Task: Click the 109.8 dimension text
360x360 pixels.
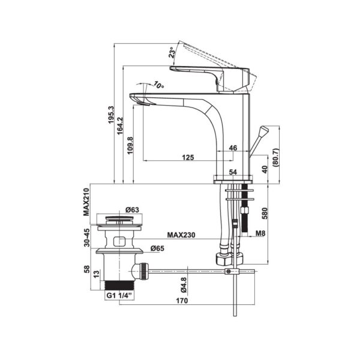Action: [130, 145]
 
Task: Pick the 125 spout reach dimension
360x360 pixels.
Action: [188, 157]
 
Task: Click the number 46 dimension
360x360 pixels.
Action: [233, 147]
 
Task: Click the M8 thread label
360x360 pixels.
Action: [260, 234]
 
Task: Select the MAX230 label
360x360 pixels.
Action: [182, 235]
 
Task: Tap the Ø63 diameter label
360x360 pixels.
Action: [132, 210]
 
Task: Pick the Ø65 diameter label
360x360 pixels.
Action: [157, 248]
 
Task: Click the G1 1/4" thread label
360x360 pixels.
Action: [119, 296]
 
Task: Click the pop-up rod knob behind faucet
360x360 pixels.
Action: [263, 133]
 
